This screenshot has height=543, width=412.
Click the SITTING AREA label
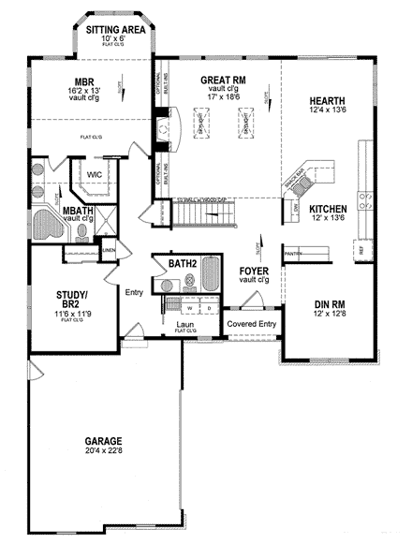(114, 30)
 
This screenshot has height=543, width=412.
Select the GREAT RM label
(222, 81)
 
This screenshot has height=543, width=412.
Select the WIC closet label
(95, 174)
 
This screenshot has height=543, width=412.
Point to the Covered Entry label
(249, 323)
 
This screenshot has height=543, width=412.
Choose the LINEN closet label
(109, 250)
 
